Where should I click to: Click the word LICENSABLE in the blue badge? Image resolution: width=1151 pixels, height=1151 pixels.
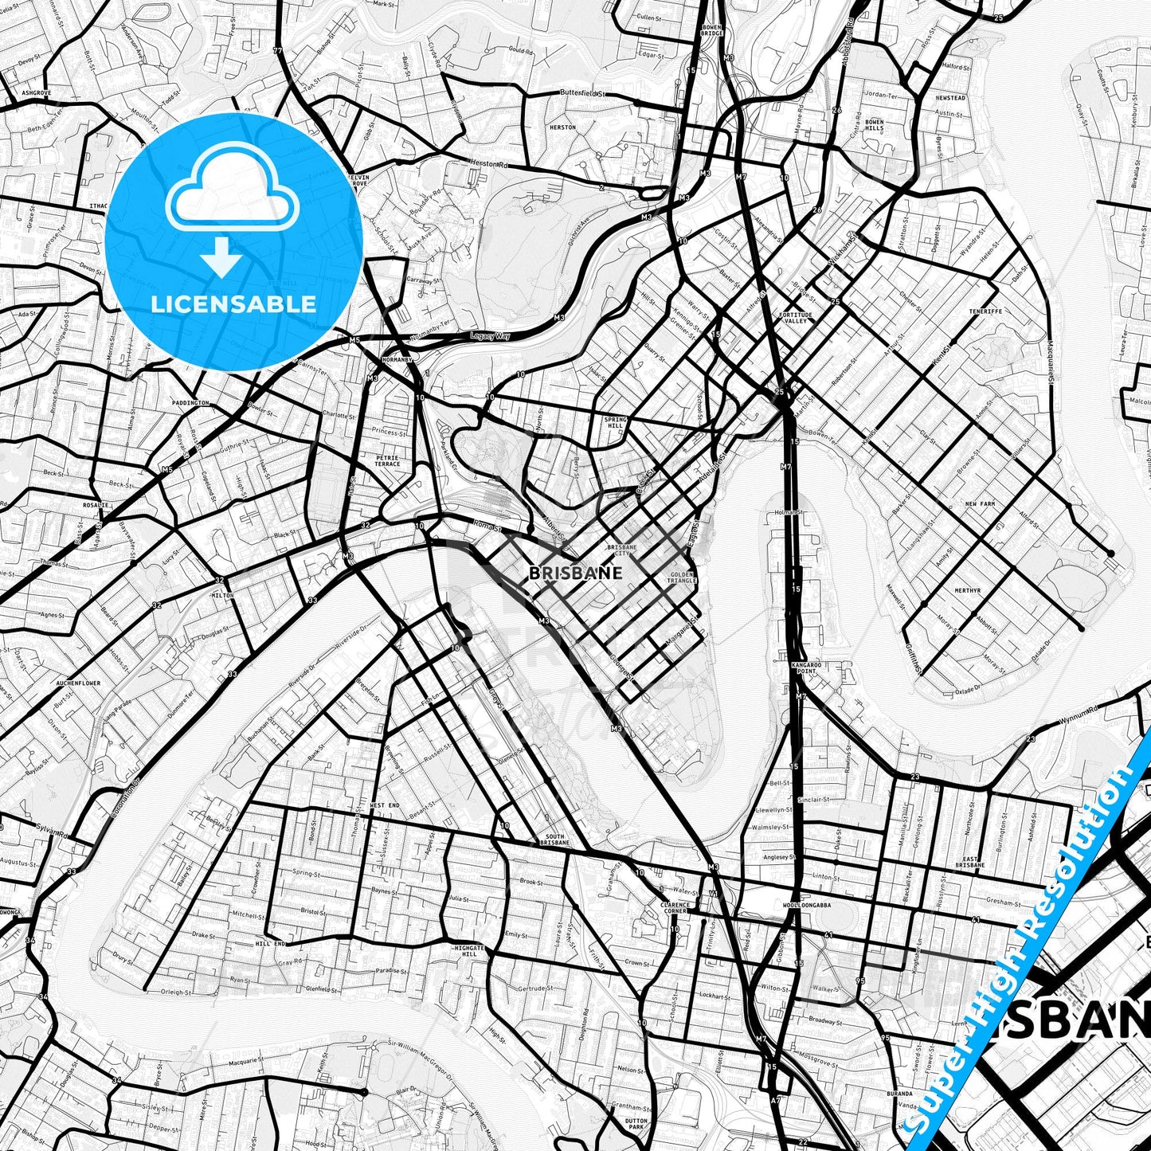pos(233,303)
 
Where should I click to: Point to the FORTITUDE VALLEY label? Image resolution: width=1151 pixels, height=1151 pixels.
pos(796,317)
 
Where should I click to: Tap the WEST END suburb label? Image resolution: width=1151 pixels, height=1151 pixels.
pos(385,805)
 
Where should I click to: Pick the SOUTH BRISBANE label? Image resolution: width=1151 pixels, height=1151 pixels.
pos(554,839)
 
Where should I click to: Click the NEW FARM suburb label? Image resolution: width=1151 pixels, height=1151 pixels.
pos(980,504)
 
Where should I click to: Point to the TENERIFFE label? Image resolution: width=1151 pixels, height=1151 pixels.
pos(985,311)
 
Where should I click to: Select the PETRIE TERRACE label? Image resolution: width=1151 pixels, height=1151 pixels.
pos(388,460)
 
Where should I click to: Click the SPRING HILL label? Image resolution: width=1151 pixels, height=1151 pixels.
pos(615,421)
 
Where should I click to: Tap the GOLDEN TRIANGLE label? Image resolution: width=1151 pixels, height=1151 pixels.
pos(683,577)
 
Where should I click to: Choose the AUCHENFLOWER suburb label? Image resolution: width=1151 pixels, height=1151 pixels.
pos(78,683)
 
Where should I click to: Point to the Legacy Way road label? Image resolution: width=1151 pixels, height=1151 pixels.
pos(490,336)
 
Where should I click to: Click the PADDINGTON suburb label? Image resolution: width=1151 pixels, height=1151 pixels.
pos(191,403)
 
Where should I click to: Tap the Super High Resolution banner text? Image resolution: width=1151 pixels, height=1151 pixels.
pos(1028,948)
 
